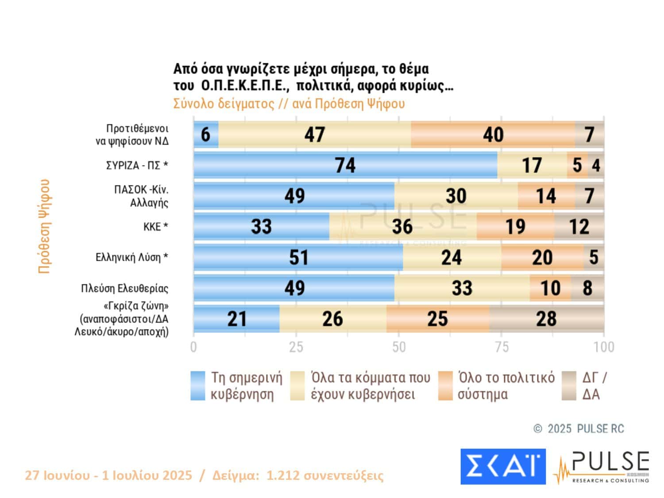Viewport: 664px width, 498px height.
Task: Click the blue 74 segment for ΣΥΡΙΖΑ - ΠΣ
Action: [345, 165]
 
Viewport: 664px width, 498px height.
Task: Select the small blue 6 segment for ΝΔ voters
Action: [206, 135]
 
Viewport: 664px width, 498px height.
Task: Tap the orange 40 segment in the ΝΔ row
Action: [493, 135]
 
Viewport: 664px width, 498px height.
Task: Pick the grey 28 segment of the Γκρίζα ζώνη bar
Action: [546, 319]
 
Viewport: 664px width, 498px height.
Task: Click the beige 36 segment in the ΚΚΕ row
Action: [402, 227]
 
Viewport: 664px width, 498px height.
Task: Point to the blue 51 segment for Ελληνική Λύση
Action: [298, 257]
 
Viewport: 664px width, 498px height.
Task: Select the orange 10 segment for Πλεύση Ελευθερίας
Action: [550, 288]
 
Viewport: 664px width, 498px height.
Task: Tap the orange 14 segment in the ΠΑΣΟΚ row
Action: [546, 196]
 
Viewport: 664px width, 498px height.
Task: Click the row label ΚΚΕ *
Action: [155, 227]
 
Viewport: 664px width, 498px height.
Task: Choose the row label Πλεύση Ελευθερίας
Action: [124, 289]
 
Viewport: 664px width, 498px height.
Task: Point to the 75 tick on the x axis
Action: [502, 347]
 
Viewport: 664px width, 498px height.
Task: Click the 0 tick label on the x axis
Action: [193, 347]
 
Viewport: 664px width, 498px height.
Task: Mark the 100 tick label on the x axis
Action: [604, 347]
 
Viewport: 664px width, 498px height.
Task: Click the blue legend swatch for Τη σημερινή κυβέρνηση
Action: [198, 386]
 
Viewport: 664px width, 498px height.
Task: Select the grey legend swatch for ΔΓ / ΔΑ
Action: [569, 386]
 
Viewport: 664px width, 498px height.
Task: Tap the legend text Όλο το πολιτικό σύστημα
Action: [506, 386]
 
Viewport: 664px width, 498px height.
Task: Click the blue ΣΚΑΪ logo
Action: [503, 466]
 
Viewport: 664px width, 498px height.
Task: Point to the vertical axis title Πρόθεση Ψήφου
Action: [44, 226]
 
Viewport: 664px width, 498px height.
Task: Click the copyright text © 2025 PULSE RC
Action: [579, 429]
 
